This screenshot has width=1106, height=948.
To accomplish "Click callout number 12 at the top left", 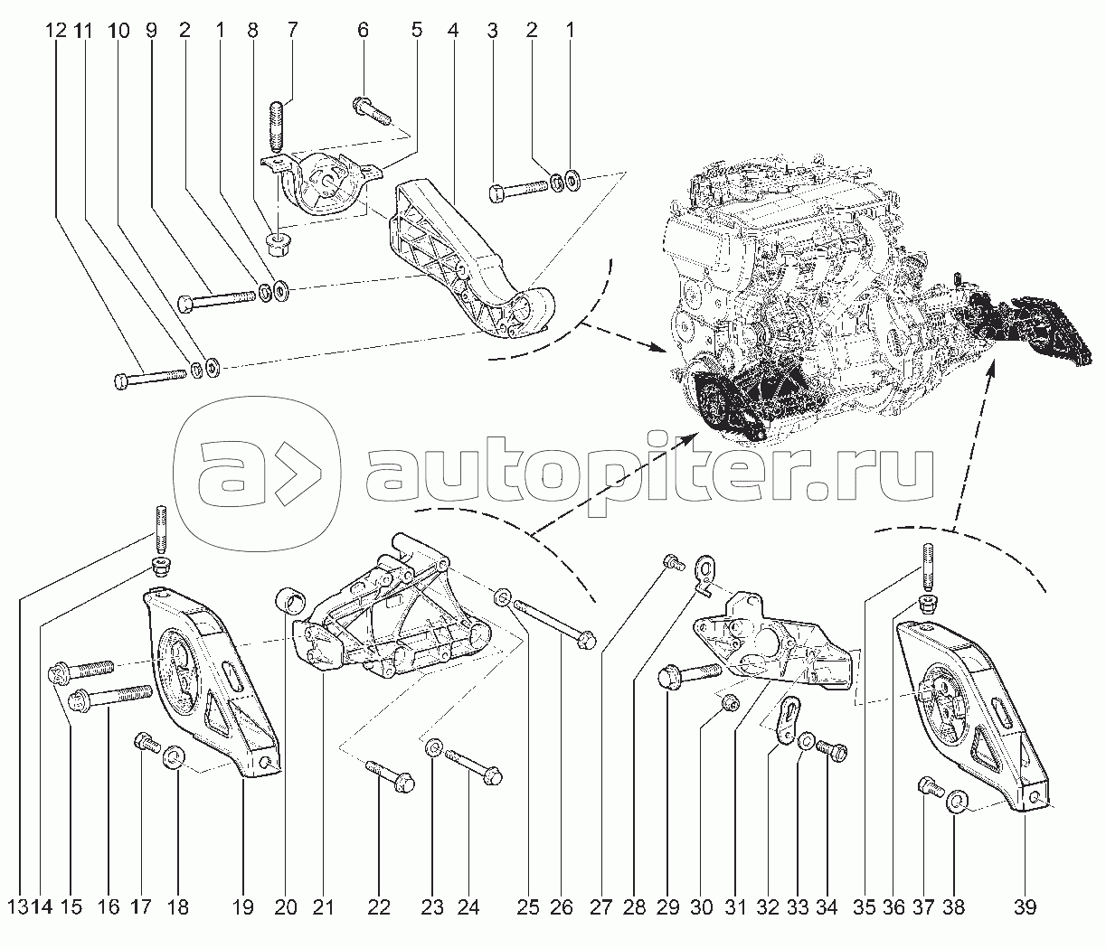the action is tap(55, 31).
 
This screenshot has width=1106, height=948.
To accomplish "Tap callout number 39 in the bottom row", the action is tap(1025, 907).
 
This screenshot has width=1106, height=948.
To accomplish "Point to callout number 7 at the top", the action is tap(292, 30).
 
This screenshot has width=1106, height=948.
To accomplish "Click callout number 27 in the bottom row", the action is tap(600, 907).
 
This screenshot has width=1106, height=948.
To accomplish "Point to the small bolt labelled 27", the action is tap(672, 562).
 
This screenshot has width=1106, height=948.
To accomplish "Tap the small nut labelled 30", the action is tap(728, 702).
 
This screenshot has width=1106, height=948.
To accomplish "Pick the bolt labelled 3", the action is tap(518, 192).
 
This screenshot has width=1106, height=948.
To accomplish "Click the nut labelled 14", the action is tap(159, 567).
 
